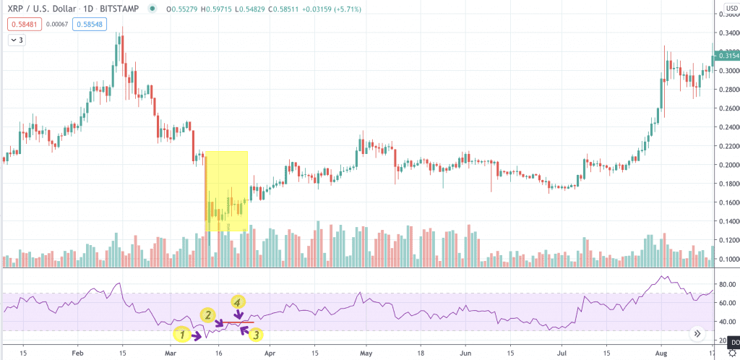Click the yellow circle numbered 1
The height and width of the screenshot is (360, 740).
tap(183, 334)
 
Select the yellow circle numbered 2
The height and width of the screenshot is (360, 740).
tap(207, 315)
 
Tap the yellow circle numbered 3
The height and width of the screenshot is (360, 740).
tap(257, 334)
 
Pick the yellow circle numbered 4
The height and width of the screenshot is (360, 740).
tap(236, 301)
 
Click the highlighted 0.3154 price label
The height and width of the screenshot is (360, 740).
tap(725, 55)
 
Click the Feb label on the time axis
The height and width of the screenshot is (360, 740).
tap(79, 353)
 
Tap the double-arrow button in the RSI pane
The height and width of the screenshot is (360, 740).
tap(697, 334)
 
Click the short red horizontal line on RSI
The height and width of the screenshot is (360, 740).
tap(238, 322)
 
